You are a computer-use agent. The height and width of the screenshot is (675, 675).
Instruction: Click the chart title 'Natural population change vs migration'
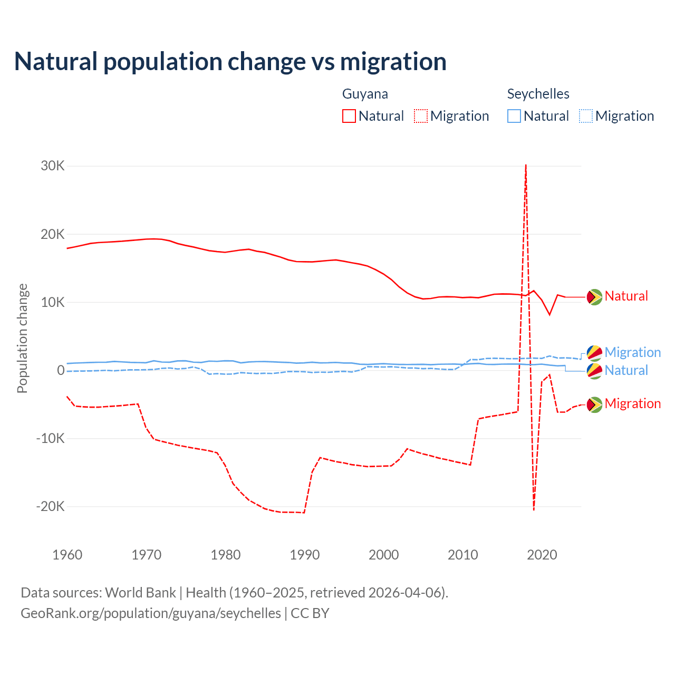click(x=230, y=62)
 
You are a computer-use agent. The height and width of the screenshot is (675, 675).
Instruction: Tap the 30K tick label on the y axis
click(x=53, y=166)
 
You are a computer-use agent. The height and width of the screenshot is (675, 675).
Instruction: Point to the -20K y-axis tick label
click(x=51, y=507)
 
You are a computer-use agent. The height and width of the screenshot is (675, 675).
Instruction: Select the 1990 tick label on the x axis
click(x=305, y=555)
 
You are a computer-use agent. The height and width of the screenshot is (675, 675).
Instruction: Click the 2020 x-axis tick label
click(x=542, y=555)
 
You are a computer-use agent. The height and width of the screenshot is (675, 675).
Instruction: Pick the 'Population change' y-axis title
click(x=22, y=338)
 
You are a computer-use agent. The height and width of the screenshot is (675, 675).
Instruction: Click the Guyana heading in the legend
click(x=365, y=94)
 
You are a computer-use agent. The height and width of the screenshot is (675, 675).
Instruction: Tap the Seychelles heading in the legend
click(x=538, y=94)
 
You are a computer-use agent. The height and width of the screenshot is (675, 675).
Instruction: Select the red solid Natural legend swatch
click(x=349, y=116)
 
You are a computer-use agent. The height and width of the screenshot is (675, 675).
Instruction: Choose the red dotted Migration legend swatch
click(x=421, y=116)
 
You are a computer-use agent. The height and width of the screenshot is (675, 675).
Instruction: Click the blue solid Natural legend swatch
click(x=514, y=116)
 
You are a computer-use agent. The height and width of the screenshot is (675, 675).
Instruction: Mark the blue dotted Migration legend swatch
click(x=586, y=116)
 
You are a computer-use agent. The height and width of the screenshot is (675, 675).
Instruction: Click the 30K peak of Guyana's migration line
click(x=526, y=166)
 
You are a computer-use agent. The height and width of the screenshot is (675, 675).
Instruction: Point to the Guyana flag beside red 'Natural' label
click(x=594, y=297)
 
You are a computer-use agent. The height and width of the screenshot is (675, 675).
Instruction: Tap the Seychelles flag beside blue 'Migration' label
click(x=594, y=353)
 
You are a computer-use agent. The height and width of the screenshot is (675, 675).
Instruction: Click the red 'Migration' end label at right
click(x=632, y=404)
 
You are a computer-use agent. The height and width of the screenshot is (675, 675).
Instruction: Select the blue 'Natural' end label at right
click(x=626, y=371)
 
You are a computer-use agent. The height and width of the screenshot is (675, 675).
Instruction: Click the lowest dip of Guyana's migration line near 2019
click(x=534, y=509)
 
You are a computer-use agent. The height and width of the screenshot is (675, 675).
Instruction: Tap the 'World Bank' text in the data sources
click(x=140, y=593)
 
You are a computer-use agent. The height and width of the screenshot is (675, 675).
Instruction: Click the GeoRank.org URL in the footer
click(x=151, y=613)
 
